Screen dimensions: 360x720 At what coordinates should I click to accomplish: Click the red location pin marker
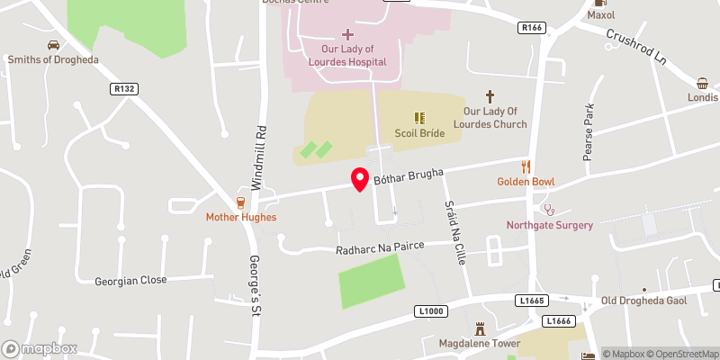point(360,178)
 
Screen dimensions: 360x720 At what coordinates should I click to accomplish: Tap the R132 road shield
point(123,88)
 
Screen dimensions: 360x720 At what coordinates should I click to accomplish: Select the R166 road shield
point(532,28)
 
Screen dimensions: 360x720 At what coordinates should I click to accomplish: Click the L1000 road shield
point(432,311)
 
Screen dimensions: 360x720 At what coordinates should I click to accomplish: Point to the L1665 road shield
point(530,300)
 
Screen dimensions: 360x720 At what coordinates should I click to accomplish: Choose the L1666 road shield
point(556,320)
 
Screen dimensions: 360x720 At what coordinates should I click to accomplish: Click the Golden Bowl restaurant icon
point(526,166)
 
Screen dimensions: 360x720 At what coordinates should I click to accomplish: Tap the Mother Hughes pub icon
point(240,202)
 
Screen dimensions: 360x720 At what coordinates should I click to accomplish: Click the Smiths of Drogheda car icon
point(53,44)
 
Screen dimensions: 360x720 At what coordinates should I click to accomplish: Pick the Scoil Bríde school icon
point(419,117)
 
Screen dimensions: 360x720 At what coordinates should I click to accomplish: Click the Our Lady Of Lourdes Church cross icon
point(490,94)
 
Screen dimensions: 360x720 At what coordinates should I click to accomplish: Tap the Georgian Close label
point(131,280)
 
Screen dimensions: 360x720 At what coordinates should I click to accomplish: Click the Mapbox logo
point(40,348)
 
